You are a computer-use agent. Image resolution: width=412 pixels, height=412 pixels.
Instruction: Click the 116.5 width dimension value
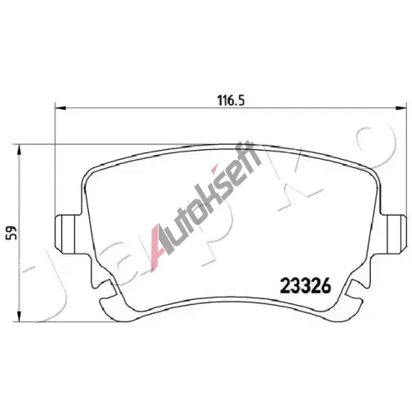(231, 101)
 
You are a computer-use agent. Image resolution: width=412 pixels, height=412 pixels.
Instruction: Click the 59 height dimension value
(12, 232)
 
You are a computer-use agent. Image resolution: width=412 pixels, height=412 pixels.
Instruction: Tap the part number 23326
(306, 287)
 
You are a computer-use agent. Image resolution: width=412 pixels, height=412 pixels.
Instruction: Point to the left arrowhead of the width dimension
(60, 108)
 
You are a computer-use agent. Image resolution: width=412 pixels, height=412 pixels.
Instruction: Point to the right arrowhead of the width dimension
(400, 108)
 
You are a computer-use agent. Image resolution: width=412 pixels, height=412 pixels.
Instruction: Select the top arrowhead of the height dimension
(19, 150)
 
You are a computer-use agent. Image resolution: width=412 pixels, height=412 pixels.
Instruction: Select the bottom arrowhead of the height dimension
(19, 316)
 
